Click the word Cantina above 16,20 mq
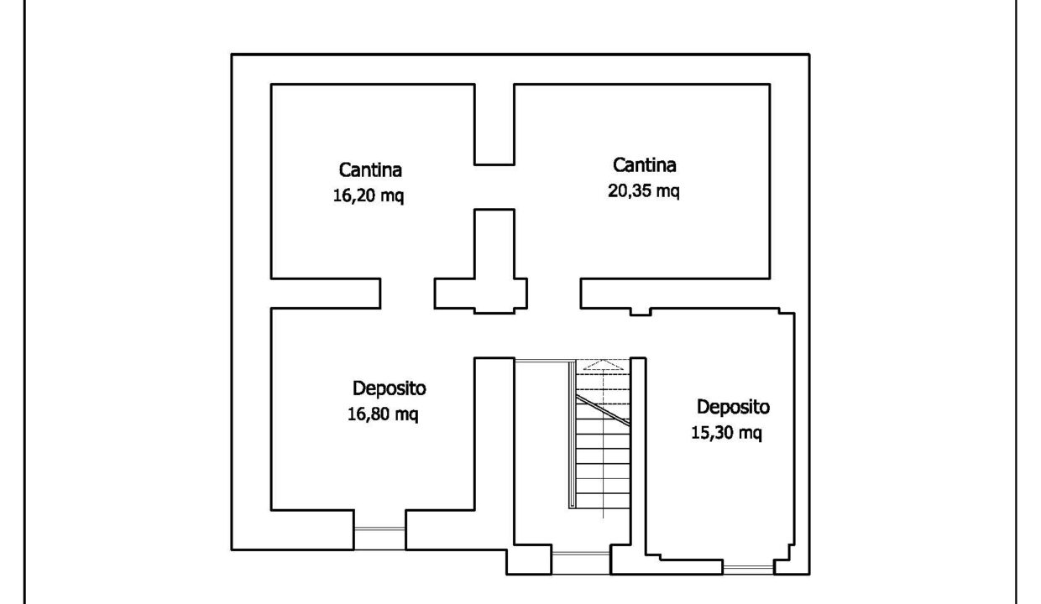coord(370,170)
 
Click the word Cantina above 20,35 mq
coord(644,164)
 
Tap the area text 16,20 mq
coord(368,195)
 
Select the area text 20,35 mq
coord(644,190)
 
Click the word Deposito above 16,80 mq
coord(389,388)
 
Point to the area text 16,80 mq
coord(383,414)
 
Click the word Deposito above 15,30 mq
coord(733,407)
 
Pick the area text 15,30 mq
coord(726,433)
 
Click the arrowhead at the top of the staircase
coord(603,365)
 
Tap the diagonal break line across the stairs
coord(604,410)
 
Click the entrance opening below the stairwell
coord(581,564)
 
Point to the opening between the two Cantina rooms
coord(494,187)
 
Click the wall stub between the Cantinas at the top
coord(494,124)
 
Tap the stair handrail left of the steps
coord(573,435)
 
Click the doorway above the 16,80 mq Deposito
coord(407,294)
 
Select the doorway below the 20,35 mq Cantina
coord(553,294)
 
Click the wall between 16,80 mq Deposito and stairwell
coord(494,453)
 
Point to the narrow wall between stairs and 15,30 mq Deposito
coord(638,456)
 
